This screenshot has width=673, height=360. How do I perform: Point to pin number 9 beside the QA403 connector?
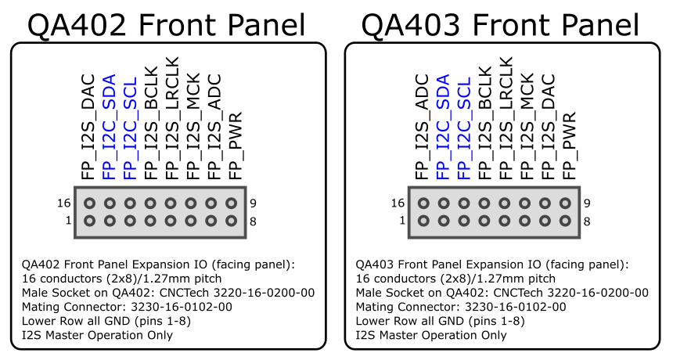pos(587,203)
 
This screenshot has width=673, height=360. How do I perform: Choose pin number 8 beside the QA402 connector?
pos(254,221)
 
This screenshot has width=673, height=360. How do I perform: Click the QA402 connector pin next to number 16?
pos(88,203)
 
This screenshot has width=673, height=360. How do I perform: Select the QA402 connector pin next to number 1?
pos(88,221)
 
